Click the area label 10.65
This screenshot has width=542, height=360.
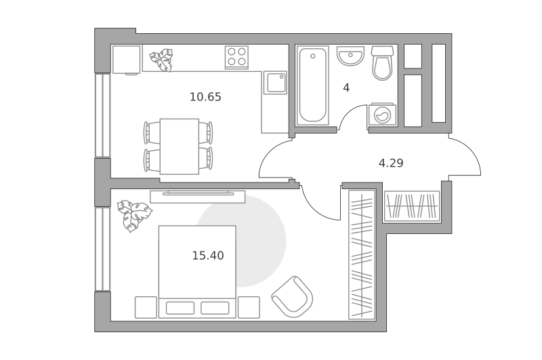(205, 97)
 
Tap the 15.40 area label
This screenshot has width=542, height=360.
(208, 256)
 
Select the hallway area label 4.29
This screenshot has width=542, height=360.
(391, 163)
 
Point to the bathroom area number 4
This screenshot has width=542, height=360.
(346, 88)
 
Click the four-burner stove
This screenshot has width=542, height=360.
(236, 58)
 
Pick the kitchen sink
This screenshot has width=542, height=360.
(276, 83)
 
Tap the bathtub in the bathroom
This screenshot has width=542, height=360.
(312, 85)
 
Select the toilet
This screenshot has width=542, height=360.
(382, 63)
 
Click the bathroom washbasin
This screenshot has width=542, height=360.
(350, 56)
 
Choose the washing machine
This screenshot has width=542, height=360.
(381, 114)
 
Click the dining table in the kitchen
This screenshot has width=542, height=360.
(180, 146)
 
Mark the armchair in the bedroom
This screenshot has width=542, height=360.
(293, 297)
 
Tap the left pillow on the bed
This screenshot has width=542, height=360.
(180, 308)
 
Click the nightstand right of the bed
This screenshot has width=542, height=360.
(249, 307)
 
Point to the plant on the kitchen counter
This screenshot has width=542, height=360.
(161, 60)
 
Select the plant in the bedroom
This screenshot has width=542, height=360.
(134, 216)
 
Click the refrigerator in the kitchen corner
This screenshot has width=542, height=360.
(127, 60)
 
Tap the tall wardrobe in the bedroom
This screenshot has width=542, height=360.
(362, 254)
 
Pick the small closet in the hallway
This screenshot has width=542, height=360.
(412, 207)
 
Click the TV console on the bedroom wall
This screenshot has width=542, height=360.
(198, 197)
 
